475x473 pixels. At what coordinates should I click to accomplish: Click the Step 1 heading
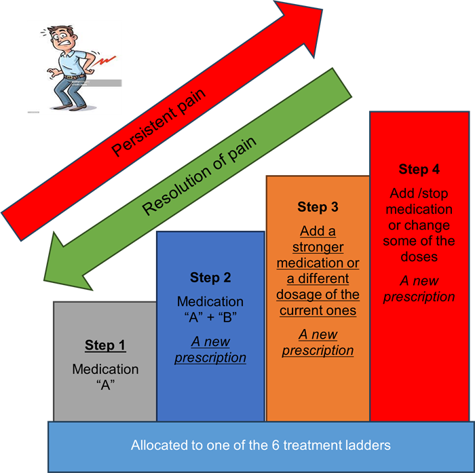coord(105,345)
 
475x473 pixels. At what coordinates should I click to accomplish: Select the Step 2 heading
coord(210,278)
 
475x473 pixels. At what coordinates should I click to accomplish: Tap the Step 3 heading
coord(318,207)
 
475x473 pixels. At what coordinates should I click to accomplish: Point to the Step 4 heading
coord(419,169)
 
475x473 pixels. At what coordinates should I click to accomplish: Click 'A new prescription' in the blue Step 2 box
coord(210,350)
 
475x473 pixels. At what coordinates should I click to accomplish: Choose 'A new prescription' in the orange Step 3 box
coord(318,342)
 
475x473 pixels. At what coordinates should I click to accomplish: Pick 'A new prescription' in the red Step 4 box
coord(419,288)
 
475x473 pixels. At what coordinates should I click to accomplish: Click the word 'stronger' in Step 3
coord(318,247)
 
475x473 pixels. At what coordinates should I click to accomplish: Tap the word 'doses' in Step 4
coord(419,257)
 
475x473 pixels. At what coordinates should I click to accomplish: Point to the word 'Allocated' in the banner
coord(155,446)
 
